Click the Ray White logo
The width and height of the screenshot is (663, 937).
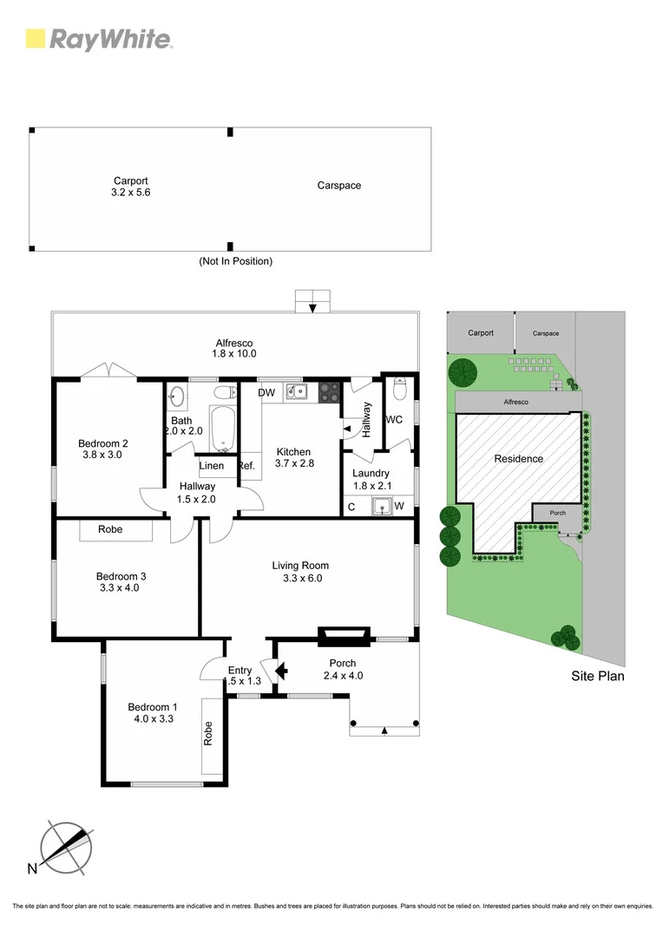(x=99, y=39)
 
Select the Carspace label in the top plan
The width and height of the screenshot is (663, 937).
(x=338, y=186)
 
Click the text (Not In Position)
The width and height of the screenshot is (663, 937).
(x=235, y=261)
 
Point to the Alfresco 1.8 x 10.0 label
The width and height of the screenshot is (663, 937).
(x=234, y=348)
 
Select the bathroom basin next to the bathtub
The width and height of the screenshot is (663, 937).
(x=177, y=396)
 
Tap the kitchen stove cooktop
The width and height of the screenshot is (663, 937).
(x=329, y=391)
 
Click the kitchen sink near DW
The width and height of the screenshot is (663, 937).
(x=298, y=392)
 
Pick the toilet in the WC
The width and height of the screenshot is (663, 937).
(x=398, y=391)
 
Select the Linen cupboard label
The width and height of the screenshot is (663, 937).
(x=212, y=466)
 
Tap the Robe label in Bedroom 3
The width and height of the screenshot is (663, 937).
(x=110, y=529)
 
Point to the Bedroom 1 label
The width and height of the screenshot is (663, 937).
(x=152, y=711)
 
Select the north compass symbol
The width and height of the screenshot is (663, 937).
(x=66, y=848)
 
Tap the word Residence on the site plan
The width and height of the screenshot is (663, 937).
(x=518, y=459)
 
